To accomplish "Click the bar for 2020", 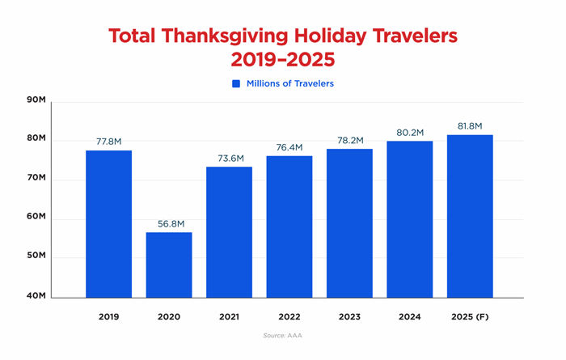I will (169, 265).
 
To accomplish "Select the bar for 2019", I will (108, 223).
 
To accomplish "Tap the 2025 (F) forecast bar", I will (470, 215).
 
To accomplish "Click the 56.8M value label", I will (169, 224).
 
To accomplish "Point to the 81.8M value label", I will (470, 126).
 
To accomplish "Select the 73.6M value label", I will (229, 159).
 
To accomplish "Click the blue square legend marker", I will (236, 83).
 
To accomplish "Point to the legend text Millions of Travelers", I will (291, 83).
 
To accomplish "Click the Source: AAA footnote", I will (282, 335).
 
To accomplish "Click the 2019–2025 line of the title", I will (282, 61).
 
